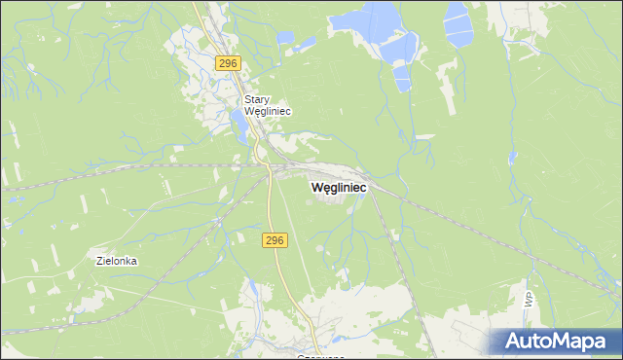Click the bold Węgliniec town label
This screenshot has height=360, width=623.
(339, 187)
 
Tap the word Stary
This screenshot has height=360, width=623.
(257, 99)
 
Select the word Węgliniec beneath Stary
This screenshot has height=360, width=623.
(268, 112)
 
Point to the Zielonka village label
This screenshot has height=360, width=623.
(117, 261)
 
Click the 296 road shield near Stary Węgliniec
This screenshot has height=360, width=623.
(228, 63)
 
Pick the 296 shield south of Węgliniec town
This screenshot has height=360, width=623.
(275, 239)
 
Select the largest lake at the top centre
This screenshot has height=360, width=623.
(367, 21)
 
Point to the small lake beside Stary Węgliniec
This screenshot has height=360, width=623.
(238, 123)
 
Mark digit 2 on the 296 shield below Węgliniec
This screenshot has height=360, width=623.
(268, 239)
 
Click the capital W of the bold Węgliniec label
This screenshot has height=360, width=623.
(316, 187)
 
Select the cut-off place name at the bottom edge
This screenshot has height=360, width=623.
(321, 356)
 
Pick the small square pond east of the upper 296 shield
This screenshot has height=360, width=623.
(284, 39)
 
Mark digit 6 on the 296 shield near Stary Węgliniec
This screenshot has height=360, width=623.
(235, 63)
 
